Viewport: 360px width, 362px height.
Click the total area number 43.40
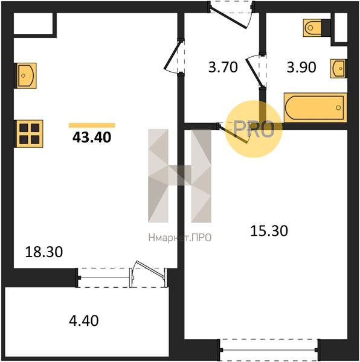tap(92, 137)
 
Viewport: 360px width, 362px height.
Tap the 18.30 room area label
tap(44, 251)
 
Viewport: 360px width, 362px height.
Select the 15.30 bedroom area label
tap(269, 230)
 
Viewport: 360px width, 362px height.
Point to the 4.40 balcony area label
tap(84, 319)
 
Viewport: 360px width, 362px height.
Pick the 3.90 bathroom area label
tap(301, 68)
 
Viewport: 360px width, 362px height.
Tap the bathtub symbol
tap(315, 107)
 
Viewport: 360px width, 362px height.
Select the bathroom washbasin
tap(338, 68)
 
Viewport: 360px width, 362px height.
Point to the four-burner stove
tap(29, 133)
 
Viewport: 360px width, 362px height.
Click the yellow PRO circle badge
tap(254, 129)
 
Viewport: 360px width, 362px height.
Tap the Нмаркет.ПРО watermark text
tap(179, 238)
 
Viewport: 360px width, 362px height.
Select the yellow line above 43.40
tap(92, 125)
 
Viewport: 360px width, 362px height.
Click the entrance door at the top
tap(232, 12)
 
